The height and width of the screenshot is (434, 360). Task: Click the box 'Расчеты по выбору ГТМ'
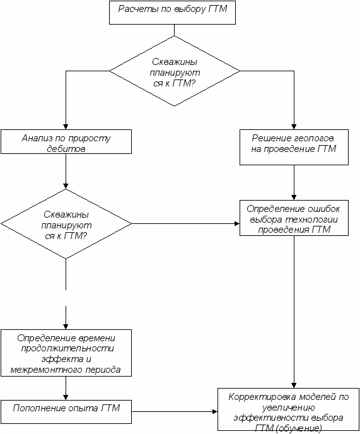coord(172,13)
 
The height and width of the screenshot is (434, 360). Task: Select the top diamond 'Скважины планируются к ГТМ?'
coord(175,71)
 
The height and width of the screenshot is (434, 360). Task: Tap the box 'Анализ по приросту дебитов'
coord(66,142)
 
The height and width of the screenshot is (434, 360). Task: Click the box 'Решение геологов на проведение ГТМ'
coord(294,147)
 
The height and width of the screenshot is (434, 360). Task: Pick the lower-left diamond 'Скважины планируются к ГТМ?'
coord(66,224)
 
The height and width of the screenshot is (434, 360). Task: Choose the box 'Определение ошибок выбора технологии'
coord(294,218)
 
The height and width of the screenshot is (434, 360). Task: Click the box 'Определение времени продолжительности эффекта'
coord(66,353)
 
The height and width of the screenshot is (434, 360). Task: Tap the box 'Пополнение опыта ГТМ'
coord(66,411)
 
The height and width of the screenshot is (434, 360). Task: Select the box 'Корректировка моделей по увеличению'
coord(288,409)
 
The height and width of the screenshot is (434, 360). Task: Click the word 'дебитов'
coord(66,149)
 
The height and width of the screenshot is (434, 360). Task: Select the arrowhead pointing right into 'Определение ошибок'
coord(237,224)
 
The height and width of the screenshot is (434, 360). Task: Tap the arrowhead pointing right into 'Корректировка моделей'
coord(215,411)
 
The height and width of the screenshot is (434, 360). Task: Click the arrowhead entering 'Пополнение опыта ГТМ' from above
coord(66,397)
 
